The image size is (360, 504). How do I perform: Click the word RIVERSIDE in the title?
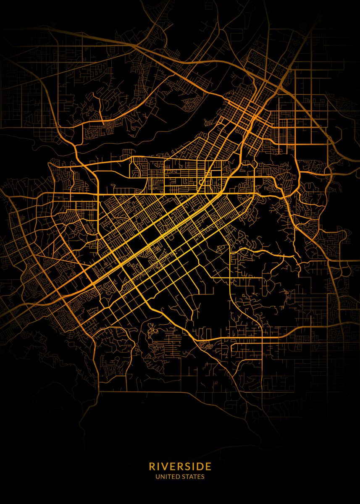click(180, 467)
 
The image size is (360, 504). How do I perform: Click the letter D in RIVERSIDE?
click(201, 467)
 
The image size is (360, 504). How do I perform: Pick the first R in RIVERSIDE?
click(151, 467)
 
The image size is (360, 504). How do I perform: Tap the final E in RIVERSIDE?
click(209, 467)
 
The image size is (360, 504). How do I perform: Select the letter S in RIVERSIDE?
click(187, 467)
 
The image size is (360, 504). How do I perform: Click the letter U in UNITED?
click(157, 477)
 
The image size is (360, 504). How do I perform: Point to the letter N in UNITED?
click(161, 477)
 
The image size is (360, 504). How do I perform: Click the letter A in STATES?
click(192, 477)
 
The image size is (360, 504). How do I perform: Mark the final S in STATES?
click(203, 477)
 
